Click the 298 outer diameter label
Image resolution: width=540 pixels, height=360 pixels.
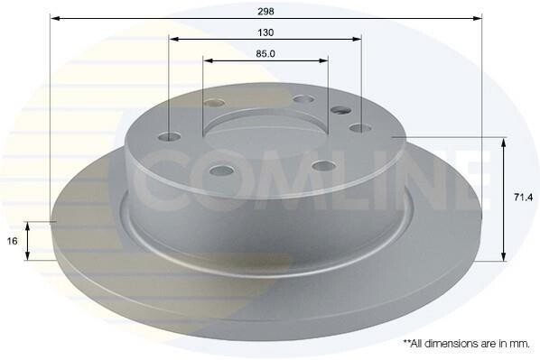(265, 12)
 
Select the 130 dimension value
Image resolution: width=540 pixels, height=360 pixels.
(265, 32)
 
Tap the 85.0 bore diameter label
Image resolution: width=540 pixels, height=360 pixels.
(265, 54)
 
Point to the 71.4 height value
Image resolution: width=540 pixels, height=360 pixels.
(523, 198)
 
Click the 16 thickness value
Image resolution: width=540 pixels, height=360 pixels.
(12, 241)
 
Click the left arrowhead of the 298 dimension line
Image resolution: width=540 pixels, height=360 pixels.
(55, 18)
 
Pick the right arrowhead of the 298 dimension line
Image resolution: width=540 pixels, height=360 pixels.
(477, 18)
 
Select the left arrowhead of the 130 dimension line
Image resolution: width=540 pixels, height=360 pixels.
(174, 39)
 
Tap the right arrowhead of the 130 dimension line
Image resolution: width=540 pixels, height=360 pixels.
(356, 39)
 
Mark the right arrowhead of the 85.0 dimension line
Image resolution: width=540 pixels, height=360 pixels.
(323, 61)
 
